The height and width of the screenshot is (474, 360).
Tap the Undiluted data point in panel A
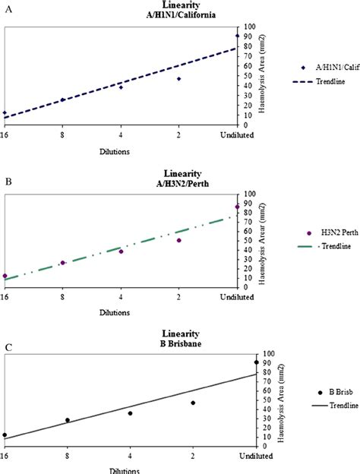click(238, 36)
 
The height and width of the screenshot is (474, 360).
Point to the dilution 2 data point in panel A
click(179, 79)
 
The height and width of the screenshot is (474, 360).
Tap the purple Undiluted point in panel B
click(238, 207)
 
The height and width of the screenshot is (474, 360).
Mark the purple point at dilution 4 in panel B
click(121, 251)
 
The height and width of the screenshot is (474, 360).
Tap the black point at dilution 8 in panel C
click(67, 420)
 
